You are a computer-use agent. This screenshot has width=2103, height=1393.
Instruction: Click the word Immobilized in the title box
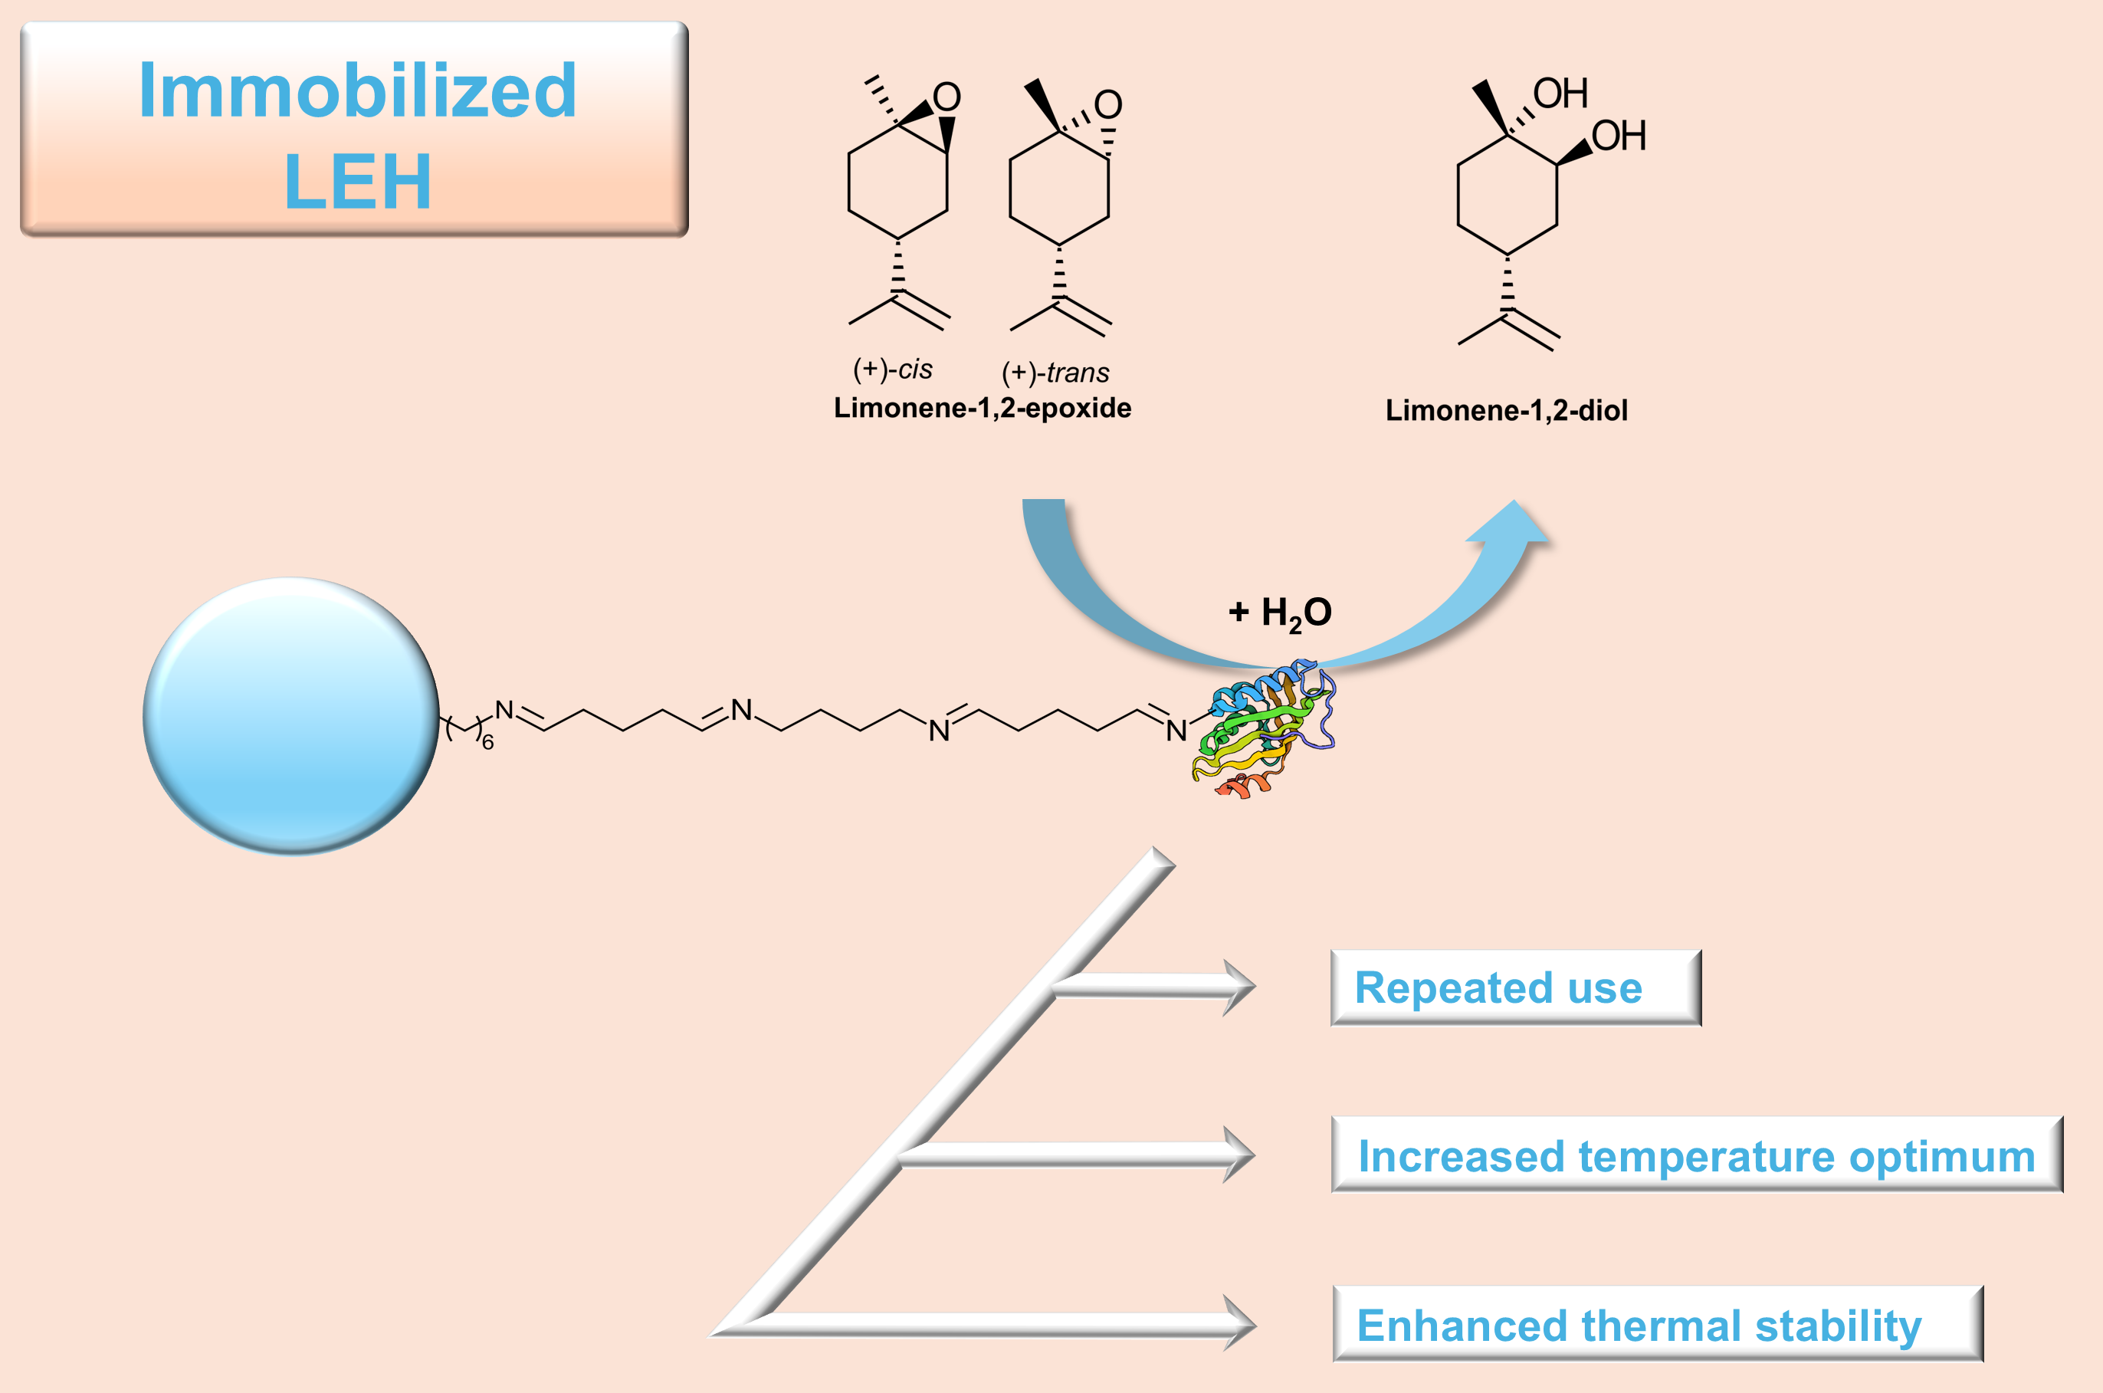pyautogui.click(x=357, y=90)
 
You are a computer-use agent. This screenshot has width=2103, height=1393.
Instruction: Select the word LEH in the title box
pyautogui.click(x=357, y=182)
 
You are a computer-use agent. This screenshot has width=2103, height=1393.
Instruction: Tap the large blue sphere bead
pyautogui.click(x=290, y=716)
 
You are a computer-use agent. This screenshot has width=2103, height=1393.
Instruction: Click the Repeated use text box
pyautogui.click(x=1515, y=988)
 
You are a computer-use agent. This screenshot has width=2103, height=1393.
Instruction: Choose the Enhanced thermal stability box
pyautogui.click(x=1657, y=1325)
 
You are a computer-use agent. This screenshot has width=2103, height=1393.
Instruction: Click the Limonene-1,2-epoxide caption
pyautogui.click(x=983, y=408)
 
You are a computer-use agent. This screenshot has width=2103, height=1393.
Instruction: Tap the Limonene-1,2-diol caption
pyautogui.click(x=1506, y=410)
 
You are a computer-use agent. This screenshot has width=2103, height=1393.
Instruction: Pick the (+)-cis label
pyautogui.click(x=893, y=369)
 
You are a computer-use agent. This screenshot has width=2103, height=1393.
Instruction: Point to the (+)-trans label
pyautogui.click(x=1055, y=373)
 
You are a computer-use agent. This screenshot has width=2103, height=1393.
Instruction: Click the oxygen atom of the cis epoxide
pyautogui.click(x=947, y=97)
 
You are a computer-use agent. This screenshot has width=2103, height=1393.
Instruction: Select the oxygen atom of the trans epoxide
pyautogui.click(x=1108, y=105)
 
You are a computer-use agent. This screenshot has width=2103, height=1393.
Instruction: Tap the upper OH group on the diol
pyautogui.click(x=1560, y=94)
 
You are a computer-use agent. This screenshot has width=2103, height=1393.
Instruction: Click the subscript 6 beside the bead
pyautogui.click(x=487, y=743)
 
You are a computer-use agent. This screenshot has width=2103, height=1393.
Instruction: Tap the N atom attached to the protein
pyautogui.click(x=1176, y=731)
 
